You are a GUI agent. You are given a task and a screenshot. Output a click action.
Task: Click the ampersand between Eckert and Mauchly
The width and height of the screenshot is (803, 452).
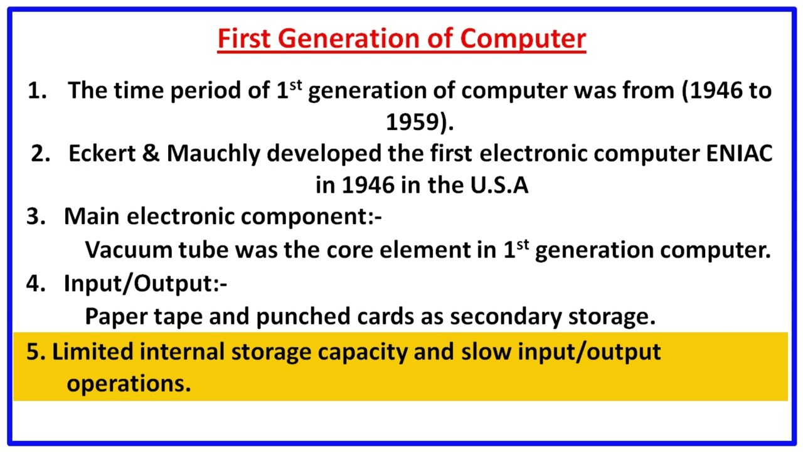[x=151, y=154]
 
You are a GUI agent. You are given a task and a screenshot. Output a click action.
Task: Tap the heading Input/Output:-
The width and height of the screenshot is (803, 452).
[x=145, y=284]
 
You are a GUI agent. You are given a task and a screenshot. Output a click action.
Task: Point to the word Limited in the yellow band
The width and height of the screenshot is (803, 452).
[x=92, y=352]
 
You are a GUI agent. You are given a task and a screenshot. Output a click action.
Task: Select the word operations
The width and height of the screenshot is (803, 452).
[x=129, y=384]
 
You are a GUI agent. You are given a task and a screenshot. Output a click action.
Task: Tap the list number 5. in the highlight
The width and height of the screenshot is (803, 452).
[x=36, y=352]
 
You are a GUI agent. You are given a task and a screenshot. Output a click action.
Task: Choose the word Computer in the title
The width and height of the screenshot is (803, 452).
[x=523, y=39]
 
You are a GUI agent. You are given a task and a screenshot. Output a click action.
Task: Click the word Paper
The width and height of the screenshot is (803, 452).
[x=112, y=316]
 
